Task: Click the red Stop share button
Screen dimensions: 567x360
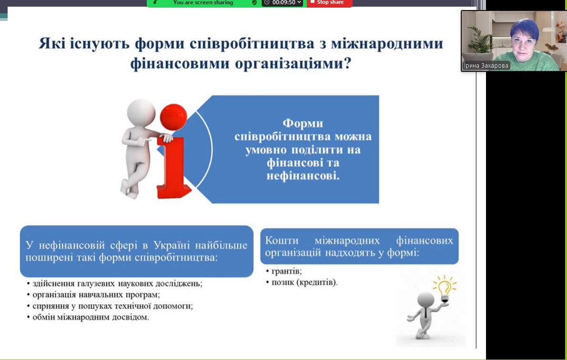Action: pyautogui.click(x=329, y=3)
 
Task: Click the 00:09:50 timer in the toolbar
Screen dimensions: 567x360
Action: pyautogui.click(x=284, y=2)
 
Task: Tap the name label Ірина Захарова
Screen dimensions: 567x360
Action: pyautogui.click(x=486, y=66)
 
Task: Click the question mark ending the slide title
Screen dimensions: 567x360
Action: pyautogui.click(x=347, y=64)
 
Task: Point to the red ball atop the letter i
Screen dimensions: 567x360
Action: pyautogui.click(x=173, y=117)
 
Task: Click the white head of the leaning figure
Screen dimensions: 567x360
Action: pyautogui.click(x=141, y=113)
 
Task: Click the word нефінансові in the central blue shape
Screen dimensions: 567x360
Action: pyautogui.click(x=303, y=176)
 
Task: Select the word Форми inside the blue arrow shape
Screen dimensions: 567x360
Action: pyautogui.click(x=303, y=124)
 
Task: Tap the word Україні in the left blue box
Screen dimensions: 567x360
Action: pyautogui.click(x=172, y=245)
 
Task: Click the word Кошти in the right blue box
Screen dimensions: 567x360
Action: pyautogui.click(x=282, y=240)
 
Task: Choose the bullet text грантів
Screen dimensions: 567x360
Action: pyautogui.click(x=286, y=271)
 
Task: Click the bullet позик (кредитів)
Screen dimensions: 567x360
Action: pyautogui.click(x=304, y=282)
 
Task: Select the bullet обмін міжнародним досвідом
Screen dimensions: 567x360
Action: pyautogui.click(x=91, y=317)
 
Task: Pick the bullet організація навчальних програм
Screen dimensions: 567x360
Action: pyautogui.click(x=96, y=295)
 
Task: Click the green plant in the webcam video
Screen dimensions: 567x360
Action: pyautogui.click(x=479, y=40)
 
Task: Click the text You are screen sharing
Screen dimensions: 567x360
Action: pyautogui.click(x=203, y=2)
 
